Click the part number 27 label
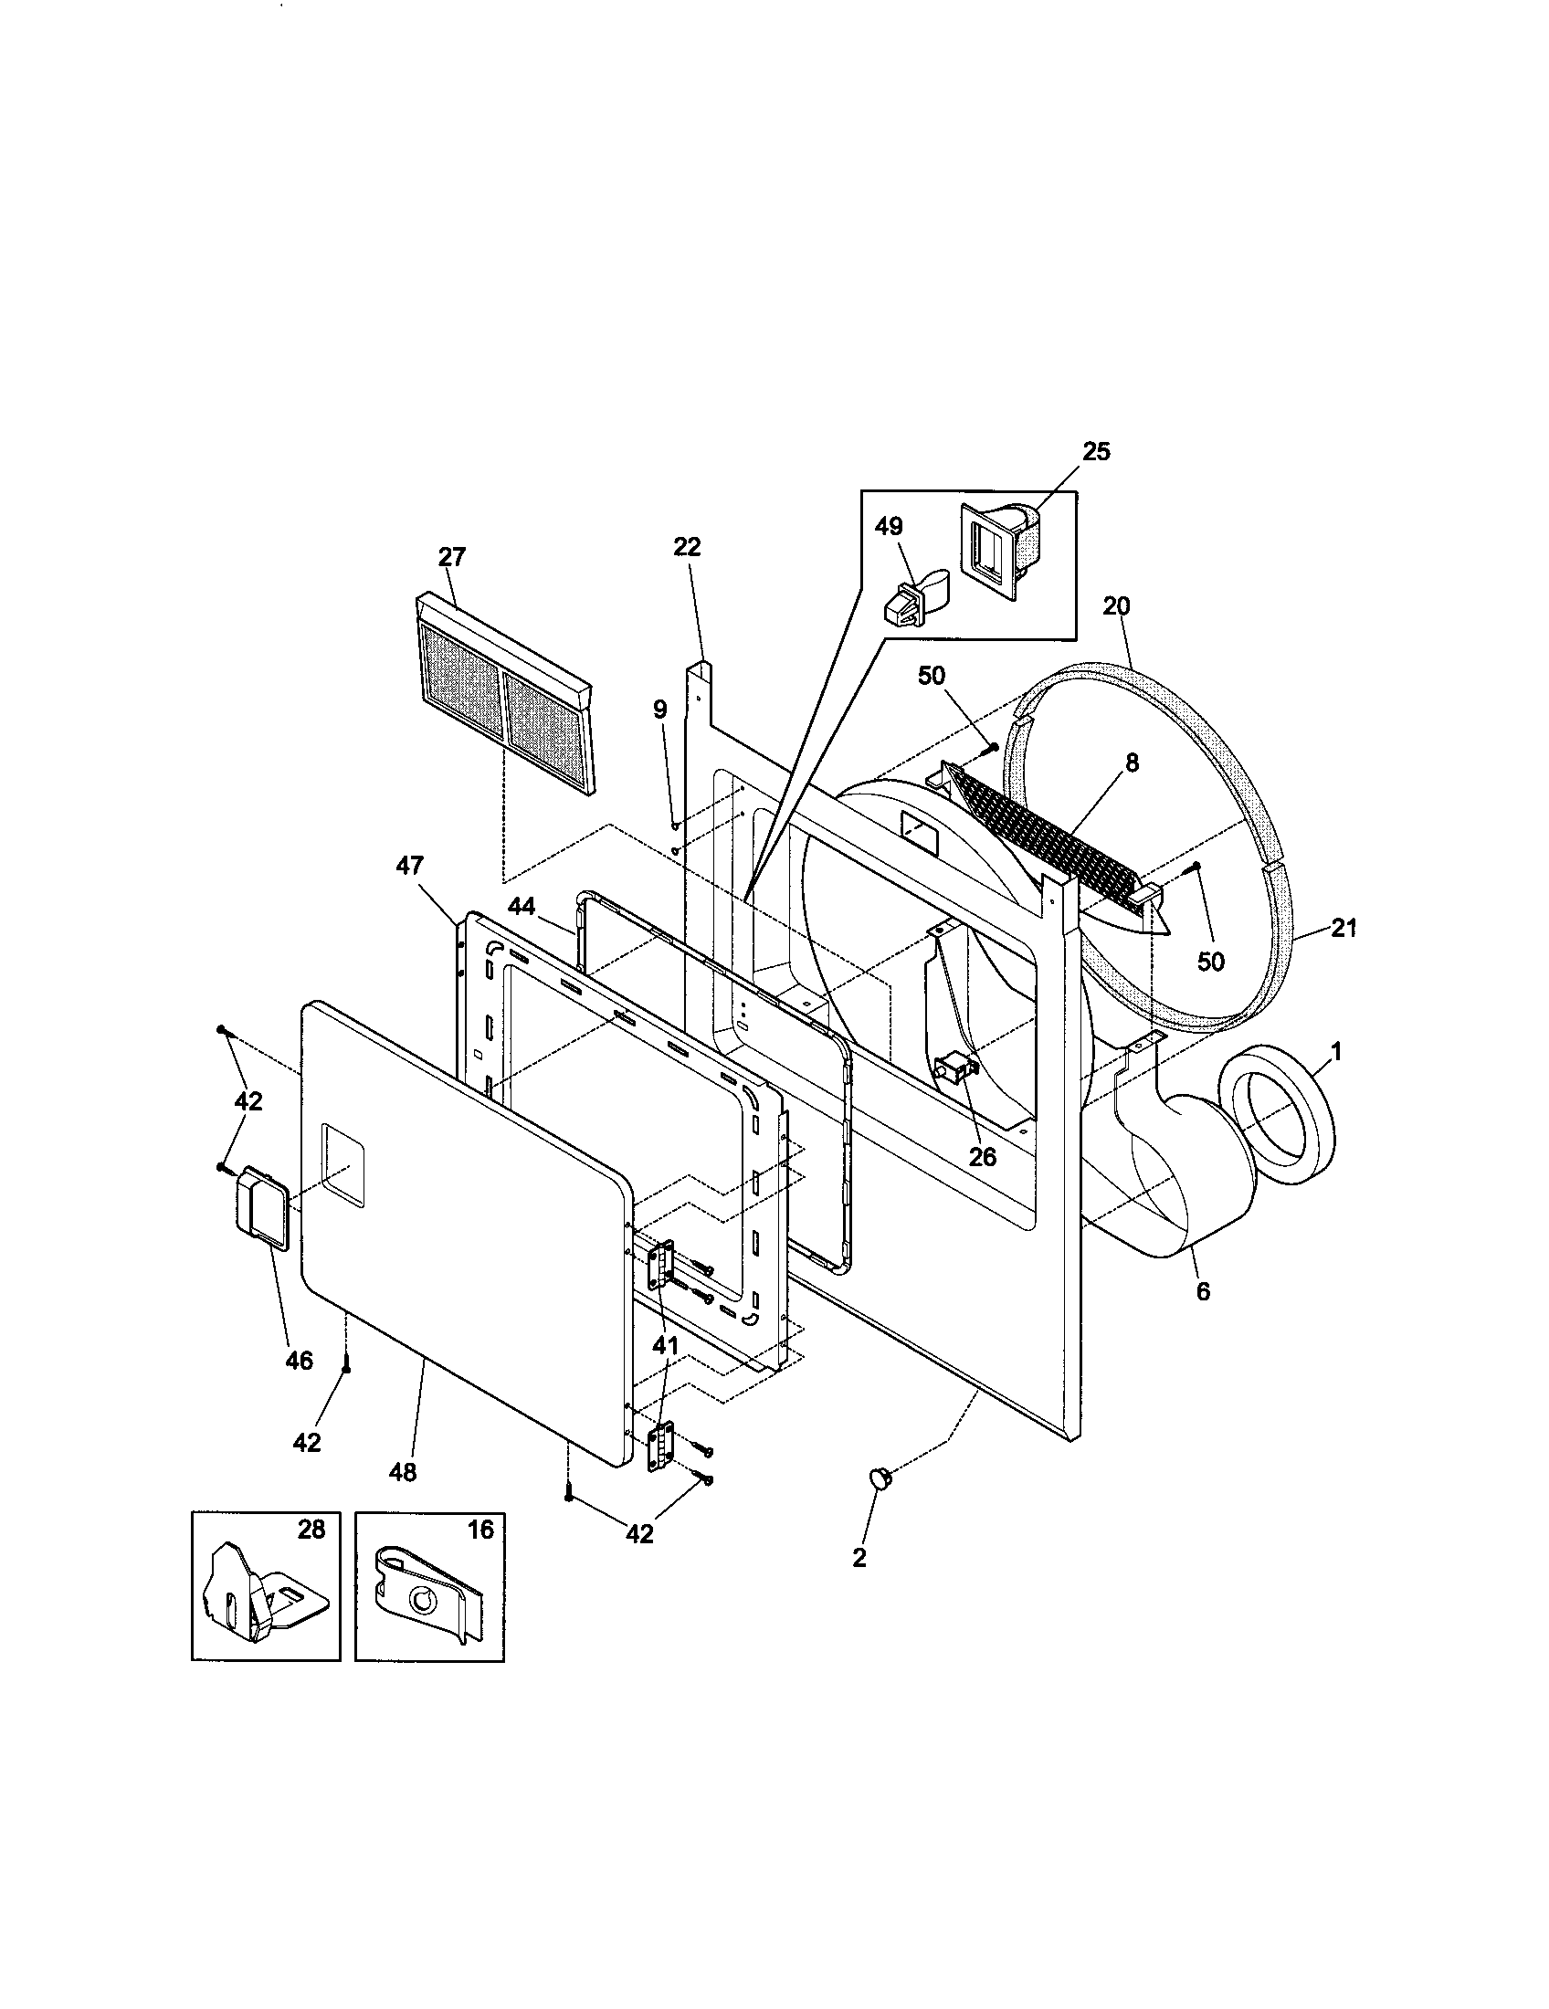[451, 556]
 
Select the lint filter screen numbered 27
[505, 693]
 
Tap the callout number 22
[686, 546]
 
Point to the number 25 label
[1095, 451]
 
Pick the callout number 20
[1116, 606]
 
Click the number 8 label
[1132, 762]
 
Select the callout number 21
[1343, 928]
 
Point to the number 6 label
[1203, 1291]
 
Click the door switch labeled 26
[954, 1070]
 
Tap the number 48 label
[403, 1472]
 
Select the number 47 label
[410, 865]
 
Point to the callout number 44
[521, 905]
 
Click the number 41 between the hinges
[665, 1345]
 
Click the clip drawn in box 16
[424, 1598]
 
